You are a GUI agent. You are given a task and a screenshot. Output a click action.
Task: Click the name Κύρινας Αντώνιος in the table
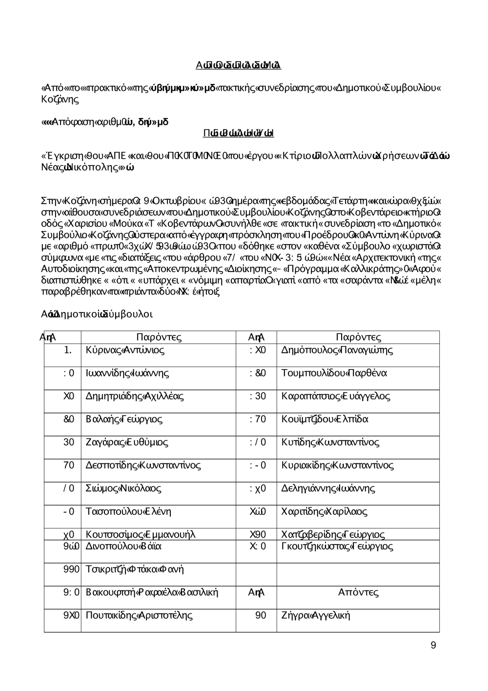coord(125,350)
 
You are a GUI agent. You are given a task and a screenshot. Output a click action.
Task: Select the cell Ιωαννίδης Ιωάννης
coord(127,373)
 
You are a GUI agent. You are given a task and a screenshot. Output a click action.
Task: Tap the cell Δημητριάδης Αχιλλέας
coord(135,396)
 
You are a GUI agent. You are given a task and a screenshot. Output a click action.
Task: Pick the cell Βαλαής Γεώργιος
coord(124,419)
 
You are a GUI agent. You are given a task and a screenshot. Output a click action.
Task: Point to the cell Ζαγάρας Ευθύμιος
coord(127,442)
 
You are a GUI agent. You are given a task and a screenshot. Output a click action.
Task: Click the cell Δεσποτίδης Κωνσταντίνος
coord(143,465)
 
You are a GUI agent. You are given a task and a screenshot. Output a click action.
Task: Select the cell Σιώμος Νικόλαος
coord(123,488)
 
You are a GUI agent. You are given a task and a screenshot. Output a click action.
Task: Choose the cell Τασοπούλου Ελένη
coord(128,512)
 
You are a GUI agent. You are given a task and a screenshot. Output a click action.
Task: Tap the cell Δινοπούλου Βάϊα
coord(123,546)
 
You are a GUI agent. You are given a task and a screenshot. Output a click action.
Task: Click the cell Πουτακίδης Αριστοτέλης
coord(139,615)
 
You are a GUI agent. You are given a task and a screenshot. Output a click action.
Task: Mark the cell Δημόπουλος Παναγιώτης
coord(337,350)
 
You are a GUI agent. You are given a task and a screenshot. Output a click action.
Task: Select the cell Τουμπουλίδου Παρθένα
coord(334,373)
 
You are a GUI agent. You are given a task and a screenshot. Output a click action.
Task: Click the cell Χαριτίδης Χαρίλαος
coord(325,512)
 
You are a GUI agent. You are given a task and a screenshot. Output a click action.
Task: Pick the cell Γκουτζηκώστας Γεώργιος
coord(337,546)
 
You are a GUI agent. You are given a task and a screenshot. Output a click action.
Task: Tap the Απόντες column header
coord(358,592)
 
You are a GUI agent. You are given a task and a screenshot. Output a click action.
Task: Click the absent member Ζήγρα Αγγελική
coord(316,615)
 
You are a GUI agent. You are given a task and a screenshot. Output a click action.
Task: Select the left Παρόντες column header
coord(159,337)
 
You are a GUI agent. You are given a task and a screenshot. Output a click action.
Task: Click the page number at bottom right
coord(433,646)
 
